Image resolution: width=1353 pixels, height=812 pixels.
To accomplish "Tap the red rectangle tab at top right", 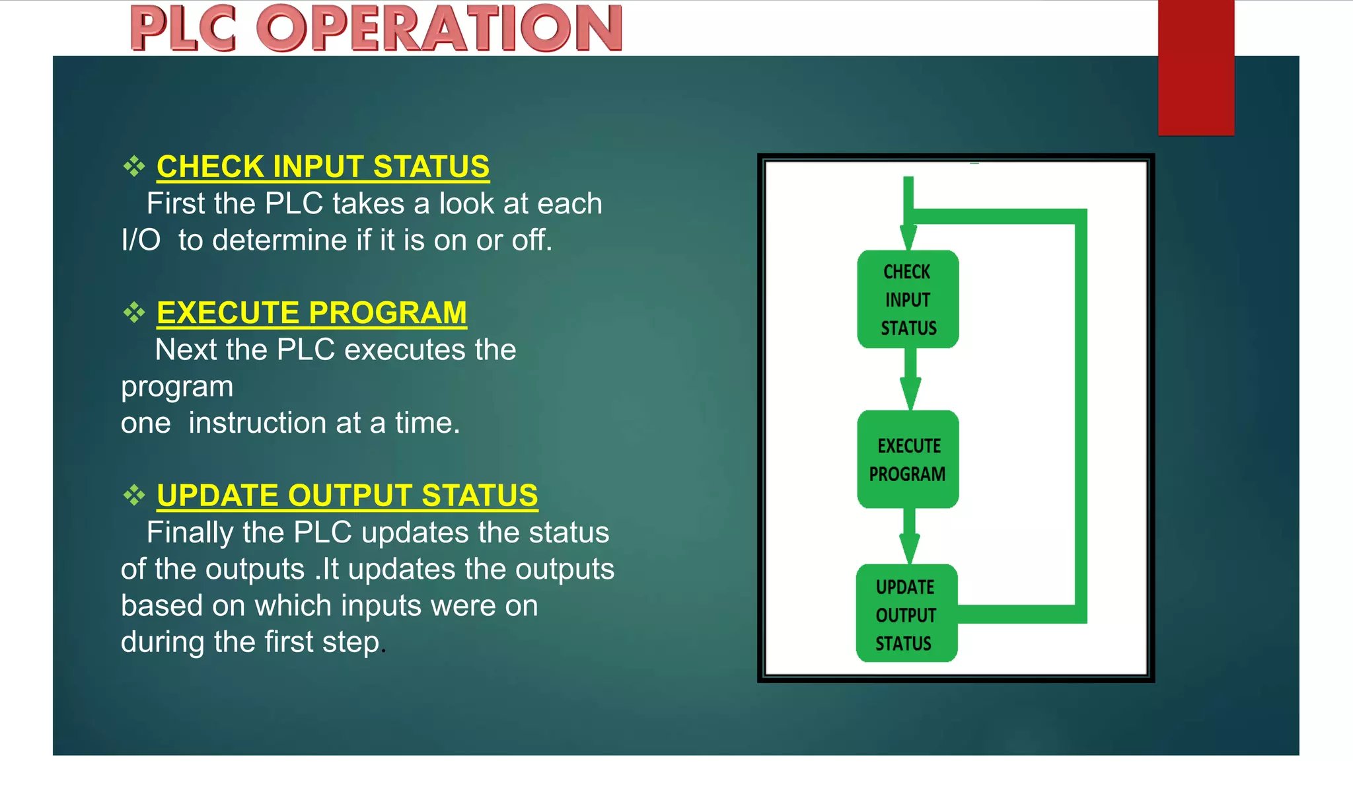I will (1195, 66).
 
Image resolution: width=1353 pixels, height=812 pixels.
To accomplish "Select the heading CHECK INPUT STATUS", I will (322, 166).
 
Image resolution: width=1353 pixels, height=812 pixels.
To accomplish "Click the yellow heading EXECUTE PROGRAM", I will (311, 313).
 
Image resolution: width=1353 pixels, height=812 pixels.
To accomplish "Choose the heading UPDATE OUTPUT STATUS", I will (347, 496).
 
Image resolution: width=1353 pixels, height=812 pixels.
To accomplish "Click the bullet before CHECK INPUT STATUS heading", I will (134, 166).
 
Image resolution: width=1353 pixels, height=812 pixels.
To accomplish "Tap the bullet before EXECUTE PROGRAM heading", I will (134, 313).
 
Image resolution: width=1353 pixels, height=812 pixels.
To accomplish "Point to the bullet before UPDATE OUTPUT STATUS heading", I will (134, 496).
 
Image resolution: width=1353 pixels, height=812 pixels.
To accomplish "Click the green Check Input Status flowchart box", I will (908, 299).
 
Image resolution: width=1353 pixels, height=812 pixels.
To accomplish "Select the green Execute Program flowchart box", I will (908, 459).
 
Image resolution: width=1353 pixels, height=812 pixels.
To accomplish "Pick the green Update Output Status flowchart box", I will (906, 614).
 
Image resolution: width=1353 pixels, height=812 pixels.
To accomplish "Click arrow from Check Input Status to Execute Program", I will (910, 379).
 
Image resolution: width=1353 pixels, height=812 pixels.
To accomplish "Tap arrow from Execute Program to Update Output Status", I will (910, 536).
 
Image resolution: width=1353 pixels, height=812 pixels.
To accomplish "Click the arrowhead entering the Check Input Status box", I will (908, 237).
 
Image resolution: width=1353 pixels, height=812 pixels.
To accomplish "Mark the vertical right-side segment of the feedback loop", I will (1080, 416).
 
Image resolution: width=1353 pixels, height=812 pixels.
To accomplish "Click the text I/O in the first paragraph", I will (141, 240).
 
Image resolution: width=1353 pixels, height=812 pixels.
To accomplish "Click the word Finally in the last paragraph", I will (190, 533).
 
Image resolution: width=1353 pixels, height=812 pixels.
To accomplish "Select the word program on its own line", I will (177, 387).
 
